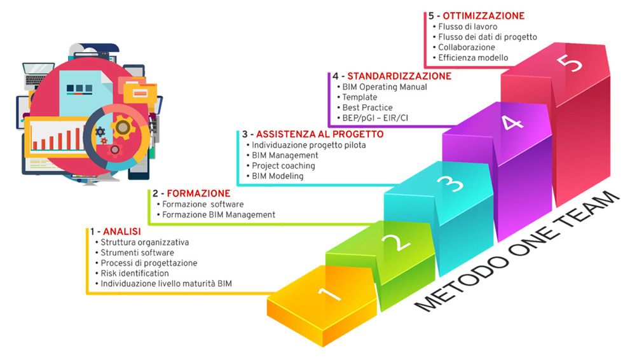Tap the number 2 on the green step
[394, 244]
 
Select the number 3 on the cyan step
[449, 184]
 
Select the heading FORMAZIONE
[198, 193]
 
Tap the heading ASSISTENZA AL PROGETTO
[319, 134]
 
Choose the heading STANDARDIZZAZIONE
[399, 76]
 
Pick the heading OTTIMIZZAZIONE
[484, 16]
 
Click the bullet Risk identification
[135, 273]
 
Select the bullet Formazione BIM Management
[219, 215]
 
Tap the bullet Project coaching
[284, 165]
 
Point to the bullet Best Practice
[367, 107]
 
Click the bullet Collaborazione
[467, 47]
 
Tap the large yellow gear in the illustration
[123, 128]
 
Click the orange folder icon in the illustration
[139, 93]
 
